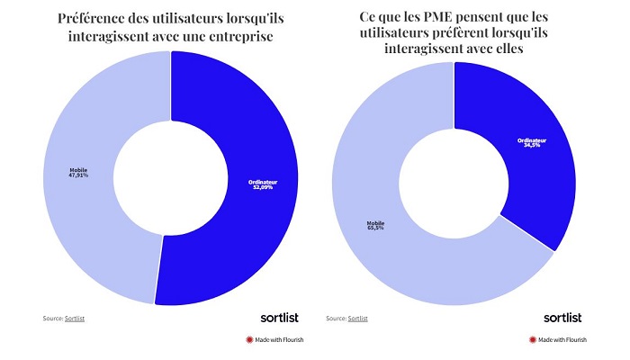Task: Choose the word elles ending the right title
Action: [x=521, y=50]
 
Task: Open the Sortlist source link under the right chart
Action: [x=358, y=318]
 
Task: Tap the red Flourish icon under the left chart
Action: [x=249, y=340]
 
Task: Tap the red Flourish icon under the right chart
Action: [x=533, y=340]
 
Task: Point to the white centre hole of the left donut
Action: [x=170, y=177]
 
